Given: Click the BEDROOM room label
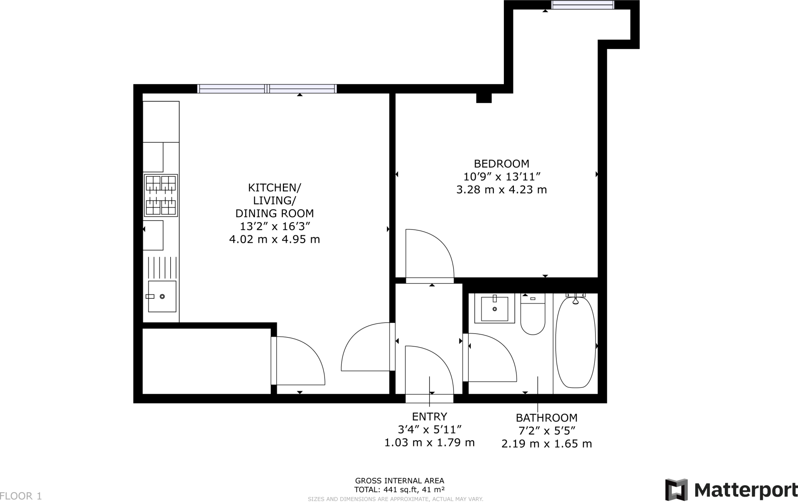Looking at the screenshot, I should pos(501,163).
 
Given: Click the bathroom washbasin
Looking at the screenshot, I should pos(494,309).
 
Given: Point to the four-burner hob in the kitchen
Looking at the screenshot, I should pos(161,195).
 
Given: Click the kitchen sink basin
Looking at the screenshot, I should pos(162,296).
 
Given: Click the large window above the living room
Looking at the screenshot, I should pos(267,89).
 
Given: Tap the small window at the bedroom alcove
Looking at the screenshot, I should pos(583,5).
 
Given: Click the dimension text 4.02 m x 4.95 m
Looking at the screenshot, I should pos(274,239).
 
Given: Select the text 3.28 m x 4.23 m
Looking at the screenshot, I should pos(501,190).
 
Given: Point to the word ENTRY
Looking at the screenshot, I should pos(429,417).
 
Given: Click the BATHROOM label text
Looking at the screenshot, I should pos(546,418).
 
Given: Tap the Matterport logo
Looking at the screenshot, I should pos(731,489).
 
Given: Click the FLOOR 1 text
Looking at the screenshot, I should pos(21,496).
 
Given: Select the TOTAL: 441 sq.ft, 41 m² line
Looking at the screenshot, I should pos(399,490).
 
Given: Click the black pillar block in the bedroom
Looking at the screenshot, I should pos(484,98).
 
